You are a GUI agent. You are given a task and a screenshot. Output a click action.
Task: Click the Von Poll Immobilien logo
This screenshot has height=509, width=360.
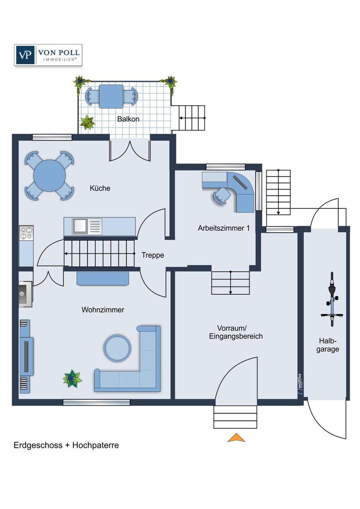[48, 55]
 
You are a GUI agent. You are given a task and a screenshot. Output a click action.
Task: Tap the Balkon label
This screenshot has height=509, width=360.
[128, 119]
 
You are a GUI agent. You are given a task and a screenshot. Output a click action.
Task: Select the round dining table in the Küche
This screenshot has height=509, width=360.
[50, 175]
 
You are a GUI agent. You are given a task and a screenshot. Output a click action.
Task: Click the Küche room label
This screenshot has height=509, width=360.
[100, 188]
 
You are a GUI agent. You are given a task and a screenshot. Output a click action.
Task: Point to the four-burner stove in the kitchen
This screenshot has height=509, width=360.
[26, 233]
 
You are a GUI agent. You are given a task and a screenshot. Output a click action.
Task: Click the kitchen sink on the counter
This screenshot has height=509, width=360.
[80, 226]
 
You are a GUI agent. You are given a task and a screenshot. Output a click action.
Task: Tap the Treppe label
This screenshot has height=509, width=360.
[153, 255]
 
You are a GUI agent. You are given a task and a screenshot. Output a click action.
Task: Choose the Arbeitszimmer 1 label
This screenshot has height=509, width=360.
[223, 228]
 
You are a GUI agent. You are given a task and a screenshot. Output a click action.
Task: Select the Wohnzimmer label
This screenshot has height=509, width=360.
[103, 310]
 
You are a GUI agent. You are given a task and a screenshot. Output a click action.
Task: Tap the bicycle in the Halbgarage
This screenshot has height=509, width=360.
[332, 299]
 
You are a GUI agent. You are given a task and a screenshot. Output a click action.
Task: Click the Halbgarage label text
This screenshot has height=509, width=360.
[327, 345]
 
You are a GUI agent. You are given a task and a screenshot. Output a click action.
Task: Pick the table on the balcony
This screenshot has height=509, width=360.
[111, 96]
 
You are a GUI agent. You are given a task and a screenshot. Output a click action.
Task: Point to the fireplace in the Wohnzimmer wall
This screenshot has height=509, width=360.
[25, 294]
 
